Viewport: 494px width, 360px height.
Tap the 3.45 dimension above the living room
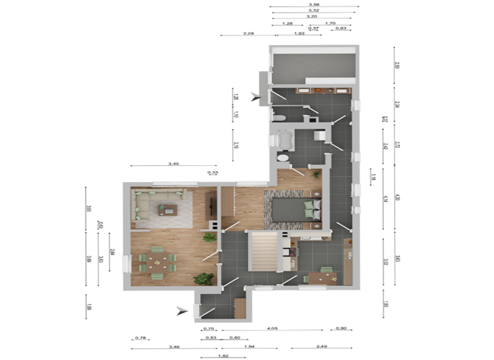tap(174, 165)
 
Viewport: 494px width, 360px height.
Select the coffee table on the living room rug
tap(167, 209)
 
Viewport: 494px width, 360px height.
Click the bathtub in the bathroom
tap(280, 139)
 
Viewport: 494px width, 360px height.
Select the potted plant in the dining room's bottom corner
tap(205, 278)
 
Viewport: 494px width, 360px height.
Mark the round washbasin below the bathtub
tap(283, 157)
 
